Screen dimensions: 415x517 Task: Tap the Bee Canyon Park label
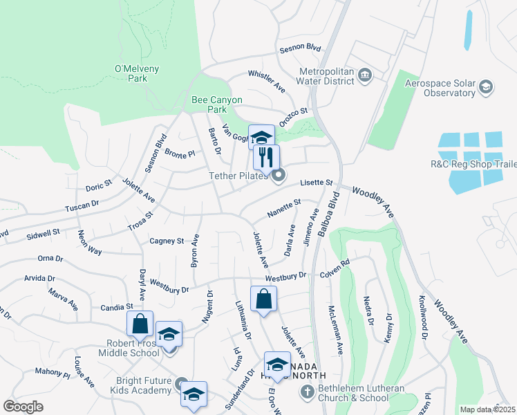[x=217, y=104]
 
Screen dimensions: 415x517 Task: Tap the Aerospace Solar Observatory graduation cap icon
[x=486, y=86]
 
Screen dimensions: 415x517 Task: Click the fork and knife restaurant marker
[x=266, y=157]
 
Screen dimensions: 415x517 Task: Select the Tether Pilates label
[x=238, y=176]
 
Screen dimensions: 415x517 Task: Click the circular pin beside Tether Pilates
[x=278, y=176]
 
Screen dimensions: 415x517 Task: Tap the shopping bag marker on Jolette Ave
[x=263, y=299]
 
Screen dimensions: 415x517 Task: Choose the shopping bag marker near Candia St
[x=140, y=324]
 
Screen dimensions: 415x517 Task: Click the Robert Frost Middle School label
[x=133, y=348]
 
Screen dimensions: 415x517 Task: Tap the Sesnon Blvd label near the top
[x=301, y=50]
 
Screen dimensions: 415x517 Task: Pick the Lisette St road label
[x=316, y=183]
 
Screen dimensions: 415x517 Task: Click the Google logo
[x=23, y=407]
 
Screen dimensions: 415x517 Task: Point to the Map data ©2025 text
[x=487, y=409]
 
